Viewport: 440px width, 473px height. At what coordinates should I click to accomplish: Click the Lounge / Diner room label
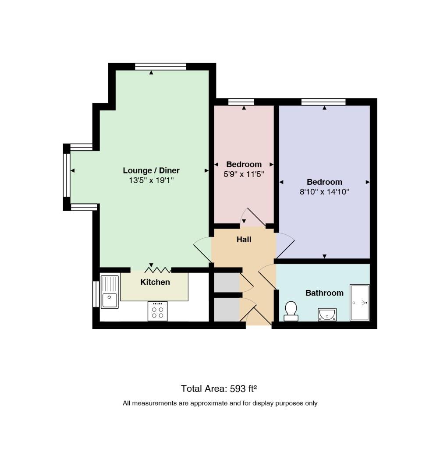151,170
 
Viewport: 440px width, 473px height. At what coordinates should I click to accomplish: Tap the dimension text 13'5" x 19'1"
151,180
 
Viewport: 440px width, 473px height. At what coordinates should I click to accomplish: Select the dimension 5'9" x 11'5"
244,174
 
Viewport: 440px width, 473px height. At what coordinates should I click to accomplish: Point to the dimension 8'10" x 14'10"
324,191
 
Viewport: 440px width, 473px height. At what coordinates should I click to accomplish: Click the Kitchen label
155,282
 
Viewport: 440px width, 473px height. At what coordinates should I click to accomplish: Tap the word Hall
244,240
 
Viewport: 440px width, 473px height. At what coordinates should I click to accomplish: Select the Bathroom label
324,293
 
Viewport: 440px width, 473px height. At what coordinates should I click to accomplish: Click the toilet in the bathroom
291,311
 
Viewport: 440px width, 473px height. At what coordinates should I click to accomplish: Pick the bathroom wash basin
327,314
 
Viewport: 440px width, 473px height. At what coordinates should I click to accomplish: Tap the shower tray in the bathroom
359,303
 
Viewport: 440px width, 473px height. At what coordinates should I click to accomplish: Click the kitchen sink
110,292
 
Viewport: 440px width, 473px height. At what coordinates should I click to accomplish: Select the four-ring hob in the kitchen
157,311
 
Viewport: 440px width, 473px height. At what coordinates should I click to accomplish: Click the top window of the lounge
160,67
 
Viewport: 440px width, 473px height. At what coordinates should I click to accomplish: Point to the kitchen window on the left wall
96,294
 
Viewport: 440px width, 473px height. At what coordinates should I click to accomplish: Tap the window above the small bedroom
241,102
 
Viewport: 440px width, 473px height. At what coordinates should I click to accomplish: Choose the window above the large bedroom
323,102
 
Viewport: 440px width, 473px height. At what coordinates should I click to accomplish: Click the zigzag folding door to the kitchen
158,269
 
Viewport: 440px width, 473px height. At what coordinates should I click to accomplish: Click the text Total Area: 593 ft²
219,388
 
